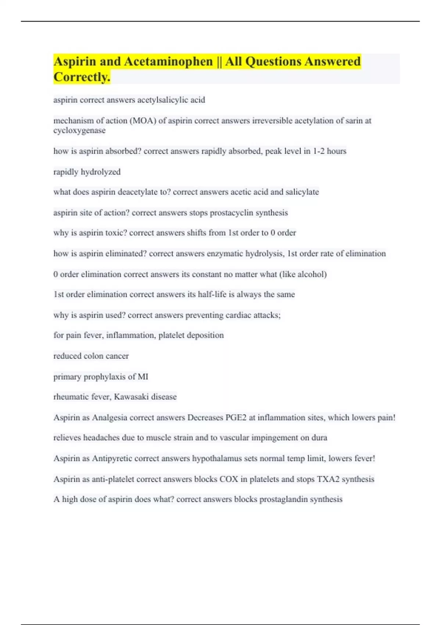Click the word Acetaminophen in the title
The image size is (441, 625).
point(168,61)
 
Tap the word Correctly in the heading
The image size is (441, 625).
point(81,77)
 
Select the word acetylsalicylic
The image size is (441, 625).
point(165,100)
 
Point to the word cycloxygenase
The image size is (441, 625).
point(79,131)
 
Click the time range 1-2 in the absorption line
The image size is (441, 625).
point(318,151)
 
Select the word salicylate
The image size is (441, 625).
point(302,192)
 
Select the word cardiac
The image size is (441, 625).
point(239,315)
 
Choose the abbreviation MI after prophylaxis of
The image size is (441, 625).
point(143,377)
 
